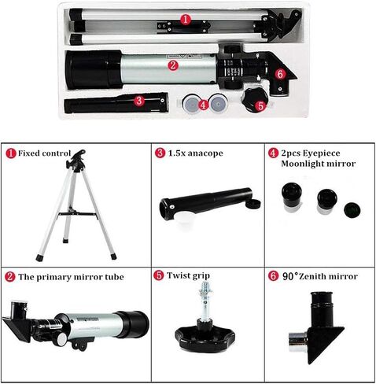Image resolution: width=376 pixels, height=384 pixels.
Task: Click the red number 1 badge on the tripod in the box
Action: point(185,17)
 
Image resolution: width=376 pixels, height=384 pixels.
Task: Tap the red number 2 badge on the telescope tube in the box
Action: point(172,65)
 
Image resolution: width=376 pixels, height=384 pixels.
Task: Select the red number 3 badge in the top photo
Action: point(138,100)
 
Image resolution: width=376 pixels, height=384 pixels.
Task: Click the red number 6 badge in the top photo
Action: point(280,74)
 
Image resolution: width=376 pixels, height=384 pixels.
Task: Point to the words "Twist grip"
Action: point(190,277)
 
